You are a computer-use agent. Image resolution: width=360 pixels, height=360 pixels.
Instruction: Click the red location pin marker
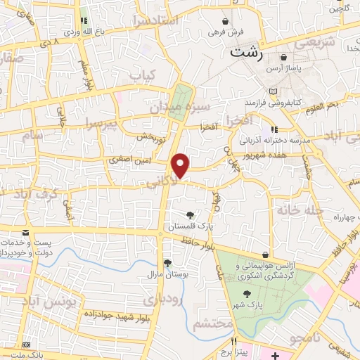click(181, 165)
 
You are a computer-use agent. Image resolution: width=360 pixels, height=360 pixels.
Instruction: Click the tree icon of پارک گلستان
click(190, 214)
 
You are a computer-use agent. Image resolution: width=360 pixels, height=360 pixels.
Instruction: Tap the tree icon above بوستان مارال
click(167, 264)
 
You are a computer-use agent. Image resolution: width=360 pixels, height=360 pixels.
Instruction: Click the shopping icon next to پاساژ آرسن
click(283, 58)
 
